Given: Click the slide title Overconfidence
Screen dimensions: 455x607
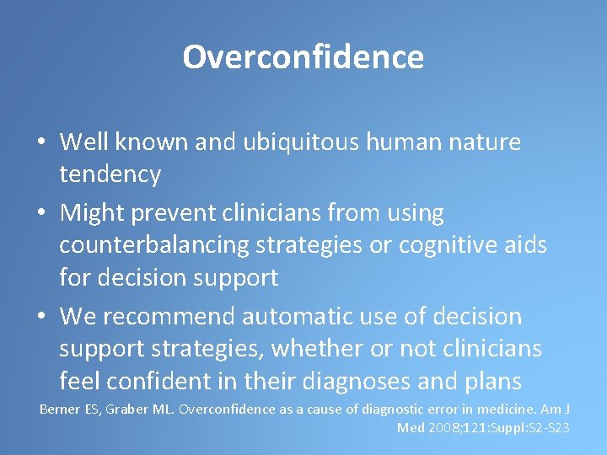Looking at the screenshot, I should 303,57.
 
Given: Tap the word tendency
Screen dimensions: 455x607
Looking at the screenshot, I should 110,174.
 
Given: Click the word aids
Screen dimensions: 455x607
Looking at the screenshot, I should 524,245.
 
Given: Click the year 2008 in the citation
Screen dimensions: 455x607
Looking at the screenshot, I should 445,428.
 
